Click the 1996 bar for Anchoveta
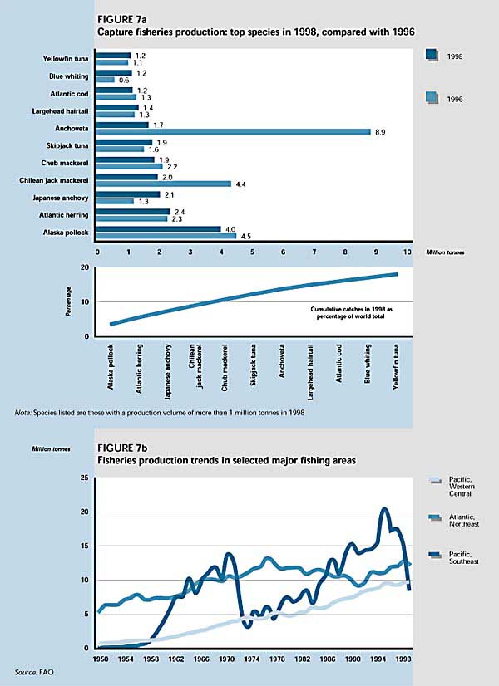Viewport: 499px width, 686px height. [x=234, y=131]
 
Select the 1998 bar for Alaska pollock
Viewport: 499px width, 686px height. [x=159, y=229]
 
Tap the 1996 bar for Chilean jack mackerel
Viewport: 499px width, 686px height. [x=164, y=184]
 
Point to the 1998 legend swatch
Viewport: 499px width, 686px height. [x=430, y=56]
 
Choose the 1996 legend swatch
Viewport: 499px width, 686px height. [x=430, y=98]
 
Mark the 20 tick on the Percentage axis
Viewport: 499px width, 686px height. [x=84, y=267]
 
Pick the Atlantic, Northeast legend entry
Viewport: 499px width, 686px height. [x=461, y=521]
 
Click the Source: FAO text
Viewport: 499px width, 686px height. [x=32, y=670]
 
